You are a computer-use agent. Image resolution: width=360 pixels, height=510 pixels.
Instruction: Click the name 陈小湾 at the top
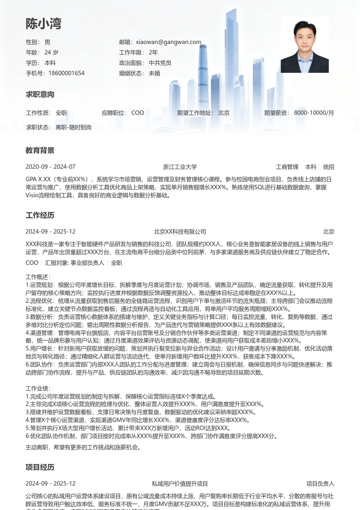[44, 24]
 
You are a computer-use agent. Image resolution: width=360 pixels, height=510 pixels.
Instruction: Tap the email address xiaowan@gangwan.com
[168, 42]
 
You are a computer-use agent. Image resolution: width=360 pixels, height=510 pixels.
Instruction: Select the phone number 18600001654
[66, 73]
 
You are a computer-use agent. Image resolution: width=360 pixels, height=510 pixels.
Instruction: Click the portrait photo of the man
[304, 44]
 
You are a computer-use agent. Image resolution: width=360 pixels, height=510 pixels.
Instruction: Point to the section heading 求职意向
[40, 95]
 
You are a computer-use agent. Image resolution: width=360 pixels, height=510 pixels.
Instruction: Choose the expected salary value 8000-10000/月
[314, 113]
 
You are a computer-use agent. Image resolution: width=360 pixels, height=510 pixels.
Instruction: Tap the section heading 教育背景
[40, 151]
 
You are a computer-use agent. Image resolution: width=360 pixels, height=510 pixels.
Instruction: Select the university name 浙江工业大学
[180, 167]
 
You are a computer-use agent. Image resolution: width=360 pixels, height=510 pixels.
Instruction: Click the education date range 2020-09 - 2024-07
[50, 167]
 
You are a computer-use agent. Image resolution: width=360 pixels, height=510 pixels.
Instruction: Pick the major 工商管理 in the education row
[287, 167]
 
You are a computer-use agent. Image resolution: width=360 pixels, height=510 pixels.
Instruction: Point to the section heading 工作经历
[40, 216]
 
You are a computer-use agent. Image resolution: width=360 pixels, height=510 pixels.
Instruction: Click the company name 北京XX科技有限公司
[180, 232]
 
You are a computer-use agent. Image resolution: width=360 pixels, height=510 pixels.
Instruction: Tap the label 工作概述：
[38, 277]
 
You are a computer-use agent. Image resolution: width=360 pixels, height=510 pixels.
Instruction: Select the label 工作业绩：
[38, 389]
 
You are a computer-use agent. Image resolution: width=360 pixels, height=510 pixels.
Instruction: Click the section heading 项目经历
[40, 468]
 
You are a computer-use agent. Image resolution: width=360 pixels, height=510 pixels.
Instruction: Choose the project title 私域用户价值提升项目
[180, 484]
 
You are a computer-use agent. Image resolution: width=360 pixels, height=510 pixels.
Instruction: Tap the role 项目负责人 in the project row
[320, 484]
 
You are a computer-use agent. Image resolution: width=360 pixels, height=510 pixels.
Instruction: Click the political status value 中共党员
[160, 63]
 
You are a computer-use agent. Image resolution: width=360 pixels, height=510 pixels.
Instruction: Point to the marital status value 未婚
[154, 73]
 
